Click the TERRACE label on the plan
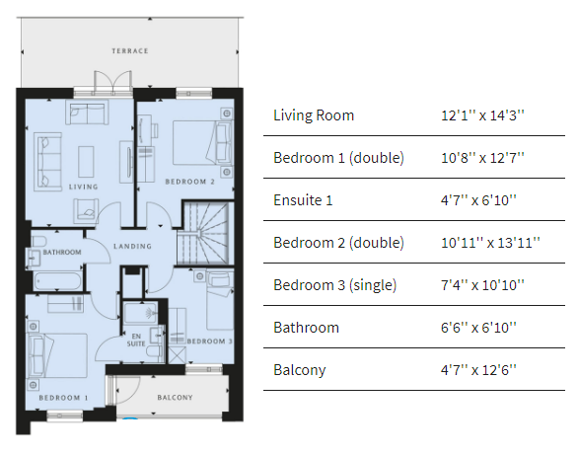pos(130,51)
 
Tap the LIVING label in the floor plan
pos(83,187)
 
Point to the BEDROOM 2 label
pos(189,182)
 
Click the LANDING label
pos(132,246)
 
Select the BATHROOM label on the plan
pos(62,253)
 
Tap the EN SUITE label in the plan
pos(136,340)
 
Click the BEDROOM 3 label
pos(210,341)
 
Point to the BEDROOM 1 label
pos(63,398)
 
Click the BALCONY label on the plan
pos(175,397)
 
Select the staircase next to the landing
pos(205,232)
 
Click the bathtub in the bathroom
pos(57,281)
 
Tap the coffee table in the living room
pos(86,162)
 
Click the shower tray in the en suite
pos(140,314)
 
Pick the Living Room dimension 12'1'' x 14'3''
pos(482,115)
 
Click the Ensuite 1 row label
pos(303,200)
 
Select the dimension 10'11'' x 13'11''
pos(490,243)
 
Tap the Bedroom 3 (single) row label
pos(334,285)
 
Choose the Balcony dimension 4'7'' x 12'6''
pos(478,370)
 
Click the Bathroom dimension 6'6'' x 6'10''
pos(478,328)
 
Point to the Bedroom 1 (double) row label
pos(338,158)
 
